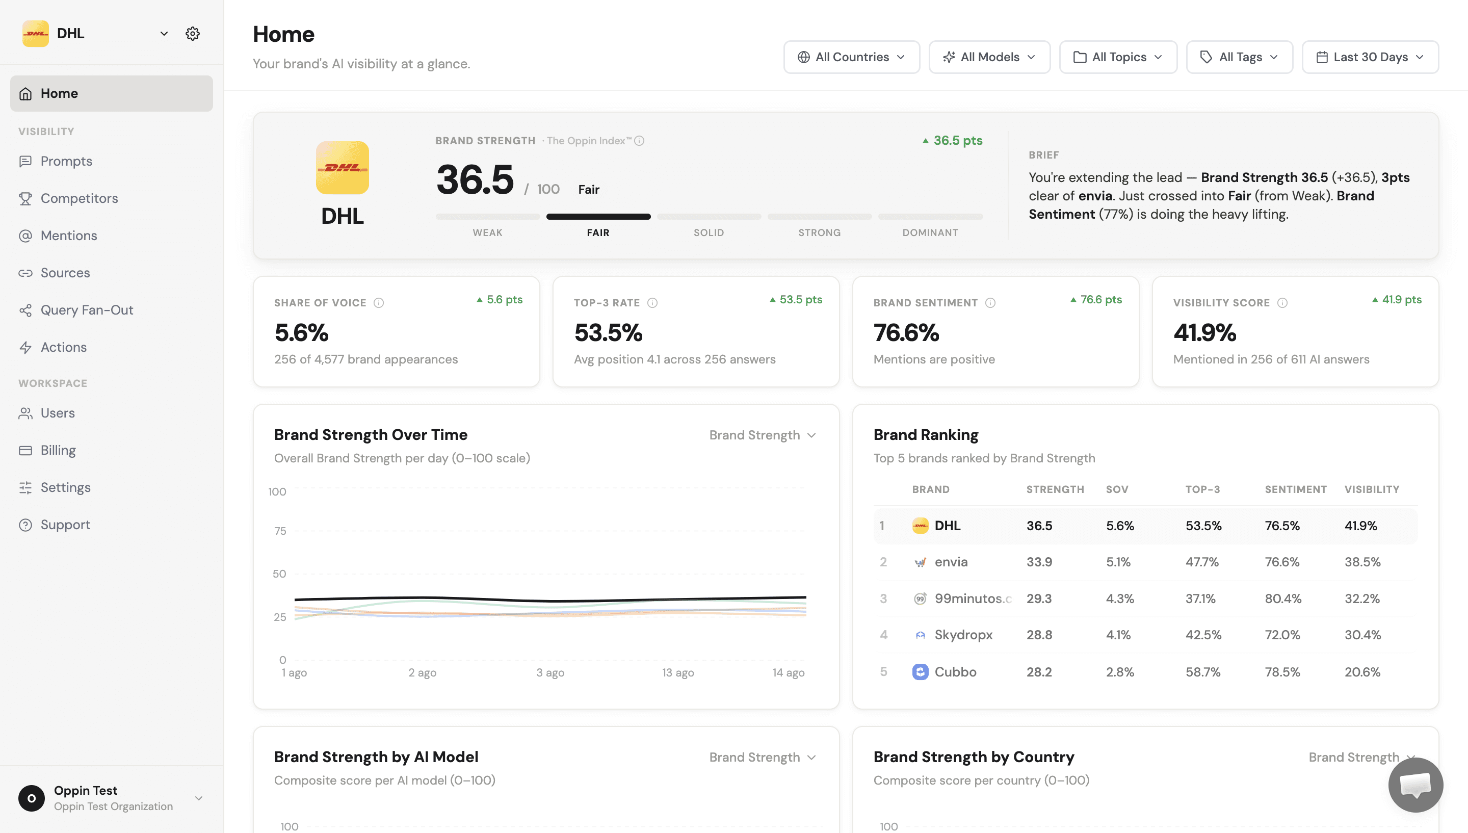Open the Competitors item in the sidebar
click(79, 198)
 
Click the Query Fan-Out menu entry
click(86, 309)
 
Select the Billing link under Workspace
click(58, 450)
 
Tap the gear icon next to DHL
click(193, 33)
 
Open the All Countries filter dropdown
click(852, 57)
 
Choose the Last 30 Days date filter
click(1370, 57)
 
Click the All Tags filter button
click(1239, 57)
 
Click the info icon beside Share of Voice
click(379, 303)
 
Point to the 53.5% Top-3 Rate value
click(609, 332)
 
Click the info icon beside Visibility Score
click(1282, 303)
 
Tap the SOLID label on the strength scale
click(709, 232)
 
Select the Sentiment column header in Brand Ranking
click(1295, 489)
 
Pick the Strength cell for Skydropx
click(1039, 635)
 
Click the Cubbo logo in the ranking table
click(920, 672)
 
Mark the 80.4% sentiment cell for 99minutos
click(1282, 598)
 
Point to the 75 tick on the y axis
click(280, 531)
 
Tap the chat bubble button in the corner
click(1415, 785)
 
